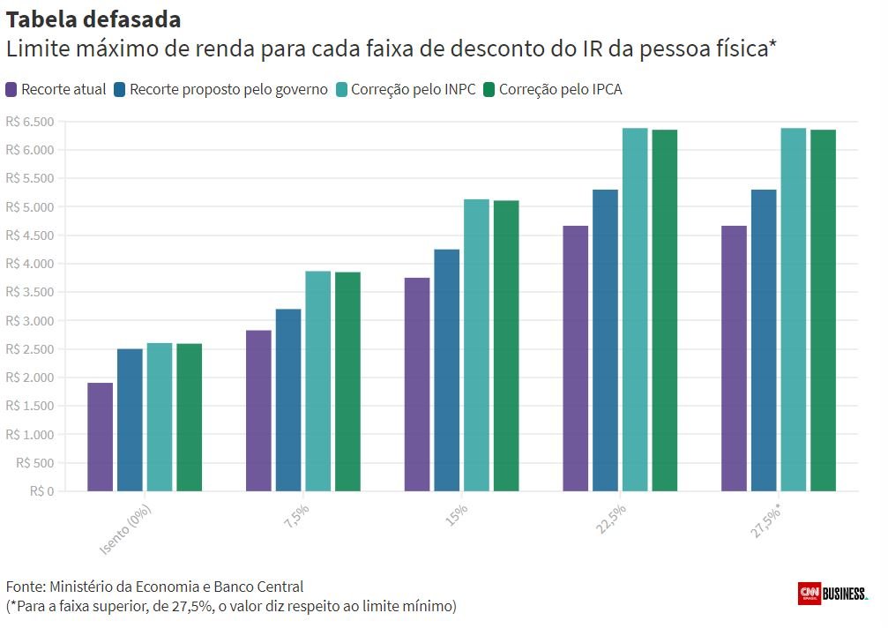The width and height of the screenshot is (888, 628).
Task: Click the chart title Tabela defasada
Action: click(x=94, y=19)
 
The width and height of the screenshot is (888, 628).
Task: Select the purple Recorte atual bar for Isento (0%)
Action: click(x=100, y=437)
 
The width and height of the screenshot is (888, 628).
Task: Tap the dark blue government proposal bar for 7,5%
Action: click(x=287, y=400)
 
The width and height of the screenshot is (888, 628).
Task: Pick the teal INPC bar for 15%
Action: click(x=476, y=345)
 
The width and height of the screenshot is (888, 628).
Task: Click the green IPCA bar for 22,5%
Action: click(x=664, y=310)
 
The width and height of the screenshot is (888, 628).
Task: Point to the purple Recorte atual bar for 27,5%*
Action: click(x=734, y=358)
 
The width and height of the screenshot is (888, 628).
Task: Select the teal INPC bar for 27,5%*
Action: click(x=793, y=310)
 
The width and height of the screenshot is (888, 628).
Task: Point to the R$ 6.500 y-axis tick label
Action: click(x=30, y=122)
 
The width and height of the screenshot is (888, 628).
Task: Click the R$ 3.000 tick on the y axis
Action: click(x=30, y=320)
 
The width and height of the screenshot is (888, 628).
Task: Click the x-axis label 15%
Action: click(x=456, y=513)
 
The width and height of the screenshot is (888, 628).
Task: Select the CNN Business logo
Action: click(x=832, y=594)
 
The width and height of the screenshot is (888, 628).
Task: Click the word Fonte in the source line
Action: click(x=25, y=587)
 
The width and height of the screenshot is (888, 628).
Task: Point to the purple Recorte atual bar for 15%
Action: click(x=417, y=385)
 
